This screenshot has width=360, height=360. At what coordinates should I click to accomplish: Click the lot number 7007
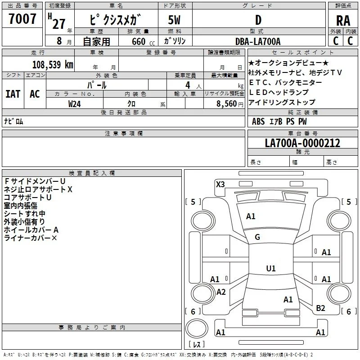[22, 19]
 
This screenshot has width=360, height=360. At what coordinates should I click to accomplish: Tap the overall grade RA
[343, 21]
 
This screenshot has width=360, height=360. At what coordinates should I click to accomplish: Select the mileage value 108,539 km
[53, 64]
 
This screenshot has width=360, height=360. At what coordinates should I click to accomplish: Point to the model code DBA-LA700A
[258, 41]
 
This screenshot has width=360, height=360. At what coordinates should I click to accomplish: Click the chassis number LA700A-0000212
[302, 143]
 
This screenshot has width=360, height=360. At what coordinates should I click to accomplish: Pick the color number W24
[74, 104]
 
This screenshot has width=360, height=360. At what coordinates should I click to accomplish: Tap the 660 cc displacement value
[143, 41]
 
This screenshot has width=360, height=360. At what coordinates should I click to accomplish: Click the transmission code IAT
[13, 94]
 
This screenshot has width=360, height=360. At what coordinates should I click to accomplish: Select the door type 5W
[174, 20]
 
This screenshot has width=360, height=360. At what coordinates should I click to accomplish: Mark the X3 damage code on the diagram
[220, 184]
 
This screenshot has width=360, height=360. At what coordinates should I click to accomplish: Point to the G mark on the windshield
[257, 237]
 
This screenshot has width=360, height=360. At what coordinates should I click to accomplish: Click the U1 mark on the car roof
[271, 268]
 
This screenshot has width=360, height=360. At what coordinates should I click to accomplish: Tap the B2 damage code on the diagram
[320, 308]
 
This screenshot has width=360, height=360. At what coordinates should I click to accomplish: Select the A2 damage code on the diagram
[221, 292]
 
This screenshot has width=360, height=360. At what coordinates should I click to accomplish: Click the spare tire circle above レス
[197, 328]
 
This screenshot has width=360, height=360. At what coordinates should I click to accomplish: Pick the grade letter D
[258, 20]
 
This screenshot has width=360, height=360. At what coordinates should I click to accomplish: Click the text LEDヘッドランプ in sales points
[279, 92]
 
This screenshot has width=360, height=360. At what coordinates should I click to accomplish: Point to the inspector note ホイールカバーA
[31, 230]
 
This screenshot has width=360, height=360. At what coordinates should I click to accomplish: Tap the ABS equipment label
[258, 121]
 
